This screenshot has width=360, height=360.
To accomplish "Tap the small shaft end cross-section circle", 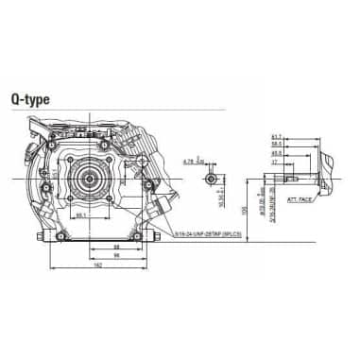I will (214, 177).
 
